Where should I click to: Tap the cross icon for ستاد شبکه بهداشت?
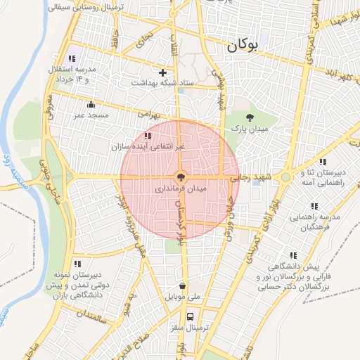point(163,72)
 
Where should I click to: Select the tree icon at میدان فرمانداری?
point(180,178)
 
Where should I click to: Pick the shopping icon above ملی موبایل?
point(183,286)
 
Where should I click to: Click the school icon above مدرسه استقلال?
point(70,58)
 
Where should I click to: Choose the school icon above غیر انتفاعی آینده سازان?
point(147,135)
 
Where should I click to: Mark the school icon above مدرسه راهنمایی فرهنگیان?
point(314,206)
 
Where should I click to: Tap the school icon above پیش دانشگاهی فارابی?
point(292,256)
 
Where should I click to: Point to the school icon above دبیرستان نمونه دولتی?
point(77,263)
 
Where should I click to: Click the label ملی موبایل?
point(183,297)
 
